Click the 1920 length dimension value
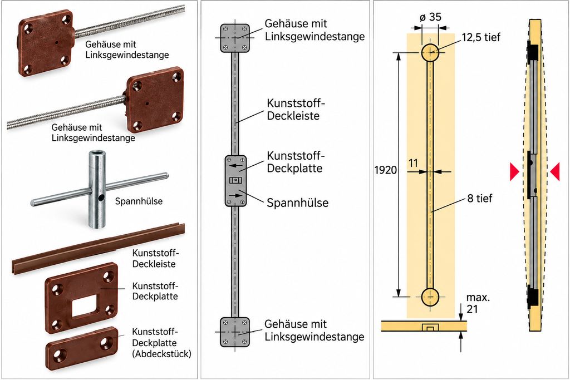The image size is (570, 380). pos(386,170)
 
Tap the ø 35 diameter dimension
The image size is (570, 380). pos(430,17)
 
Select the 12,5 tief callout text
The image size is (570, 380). pos(481,37)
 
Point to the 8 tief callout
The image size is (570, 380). pos(480,199)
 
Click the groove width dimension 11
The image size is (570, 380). pos(414,163)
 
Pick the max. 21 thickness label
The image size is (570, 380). pos(478,303)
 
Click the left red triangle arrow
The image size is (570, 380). pos(514,171)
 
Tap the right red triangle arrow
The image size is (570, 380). pos(555,171)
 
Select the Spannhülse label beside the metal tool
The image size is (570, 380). pos(139,201)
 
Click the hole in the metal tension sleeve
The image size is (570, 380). pos(101,198)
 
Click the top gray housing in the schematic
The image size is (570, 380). pos(235,38)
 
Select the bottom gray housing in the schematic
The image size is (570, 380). pos(235,332)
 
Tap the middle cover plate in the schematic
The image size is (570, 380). pos(235,181)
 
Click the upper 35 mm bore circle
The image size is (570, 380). pos(430,53)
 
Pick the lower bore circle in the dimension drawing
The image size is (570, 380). pos(430,297)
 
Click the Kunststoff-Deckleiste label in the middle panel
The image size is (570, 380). pos(295,110)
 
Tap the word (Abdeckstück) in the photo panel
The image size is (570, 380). pos(162,353)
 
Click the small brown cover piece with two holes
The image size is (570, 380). pos(82,348)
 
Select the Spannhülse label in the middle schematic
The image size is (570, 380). pos(298,203)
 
